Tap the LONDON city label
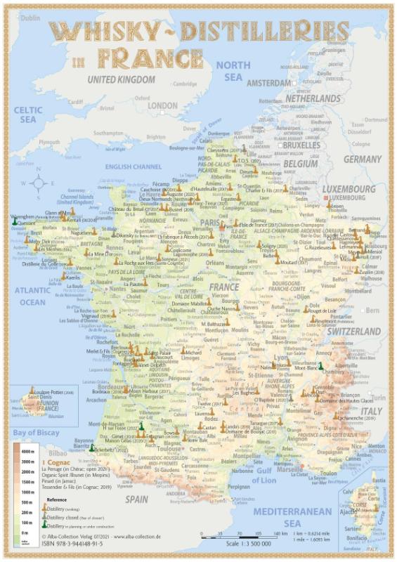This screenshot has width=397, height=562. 162,105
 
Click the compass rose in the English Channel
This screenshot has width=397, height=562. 38,184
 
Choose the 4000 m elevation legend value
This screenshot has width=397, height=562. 29,451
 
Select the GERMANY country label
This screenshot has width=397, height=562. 362,159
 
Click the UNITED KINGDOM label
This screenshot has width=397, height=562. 120,79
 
